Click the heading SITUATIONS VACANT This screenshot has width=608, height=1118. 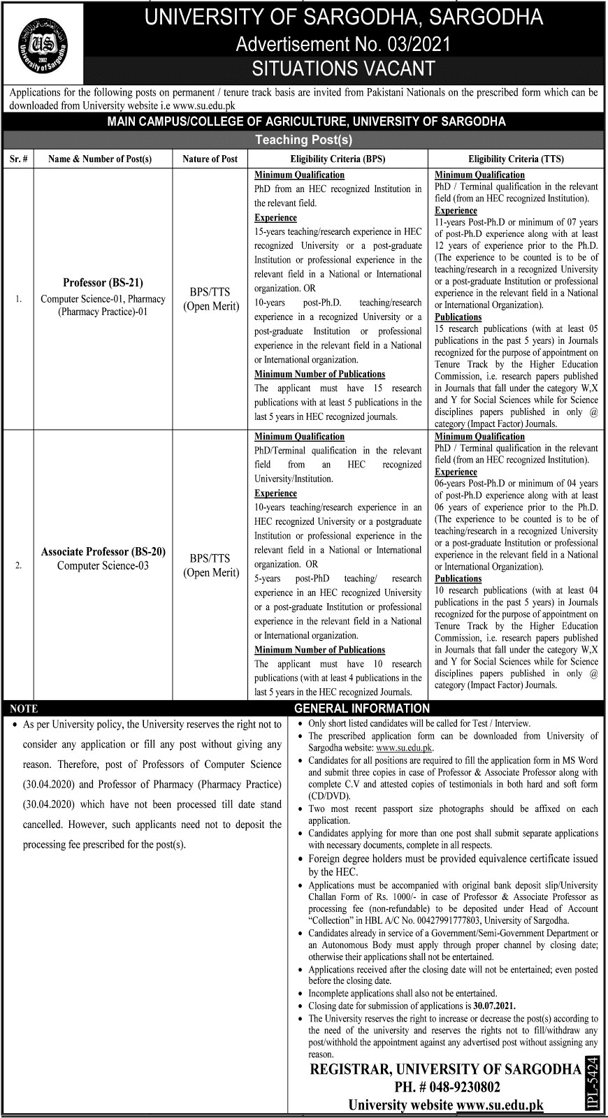343,68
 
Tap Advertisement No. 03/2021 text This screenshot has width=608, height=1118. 343,44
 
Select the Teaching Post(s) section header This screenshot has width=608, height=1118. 303,140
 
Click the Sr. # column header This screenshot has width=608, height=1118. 19,159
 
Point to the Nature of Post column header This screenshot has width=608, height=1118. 210,159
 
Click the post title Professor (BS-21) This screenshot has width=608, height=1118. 103,283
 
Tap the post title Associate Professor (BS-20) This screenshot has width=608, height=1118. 103,551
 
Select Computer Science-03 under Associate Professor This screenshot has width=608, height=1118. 103,565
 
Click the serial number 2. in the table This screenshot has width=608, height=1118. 19,566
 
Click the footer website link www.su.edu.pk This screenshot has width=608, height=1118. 499,1105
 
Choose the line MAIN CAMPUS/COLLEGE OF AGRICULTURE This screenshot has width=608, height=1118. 303,122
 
